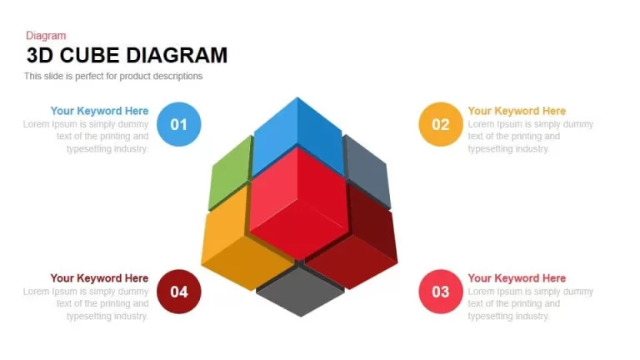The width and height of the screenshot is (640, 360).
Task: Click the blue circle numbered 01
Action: pyautogui.click(x=179, y=124)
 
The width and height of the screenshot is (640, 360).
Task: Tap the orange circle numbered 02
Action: pyautogui.click(x=441, y=124)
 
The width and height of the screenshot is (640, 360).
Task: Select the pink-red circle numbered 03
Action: pyautogui.click(x=441, y=292)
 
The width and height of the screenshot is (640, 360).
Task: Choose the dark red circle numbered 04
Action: pyautogui.click(x=179, y=292)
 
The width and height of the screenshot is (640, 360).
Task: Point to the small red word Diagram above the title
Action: pyautogui.click(x=46, y=36)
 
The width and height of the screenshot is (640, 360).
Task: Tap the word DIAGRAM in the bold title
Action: pyautogui.click(x=177, y=56)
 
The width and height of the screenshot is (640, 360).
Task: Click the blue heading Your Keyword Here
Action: pyautogui.click(x=99, y=111)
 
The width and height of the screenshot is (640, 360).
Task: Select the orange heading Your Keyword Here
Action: pyautogui.click(x=517, y=111)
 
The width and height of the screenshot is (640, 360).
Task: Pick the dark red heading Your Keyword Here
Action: pyautogui.click(x=99, y=278)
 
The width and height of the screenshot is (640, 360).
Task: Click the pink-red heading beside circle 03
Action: pyautogui.click(x=517, y=278)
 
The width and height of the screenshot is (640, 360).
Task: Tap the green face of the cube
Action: pyautogui.click(x=230, y=173)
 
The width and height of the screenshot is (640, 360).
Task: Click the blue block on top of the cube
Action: pyautogui.click(x=298, y=135)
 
